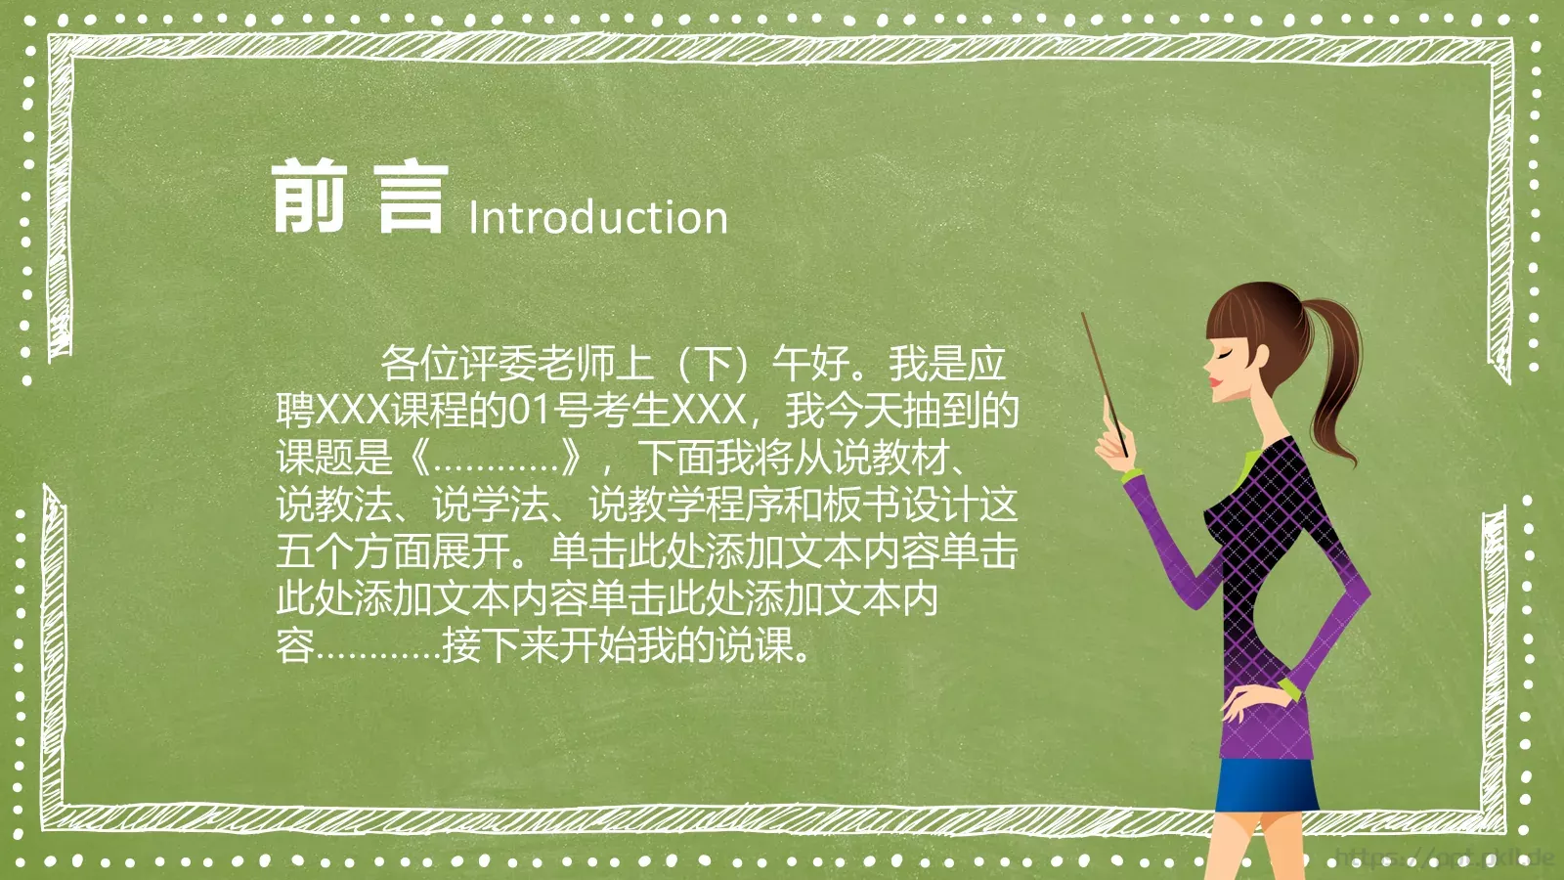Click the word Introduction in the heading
[598, 217]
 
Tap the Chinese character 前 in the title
[309, 198]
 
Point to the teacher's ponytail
[1330, 381]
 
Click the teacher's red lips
[1215, 380]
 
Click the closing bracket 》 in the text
[573, 458]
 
